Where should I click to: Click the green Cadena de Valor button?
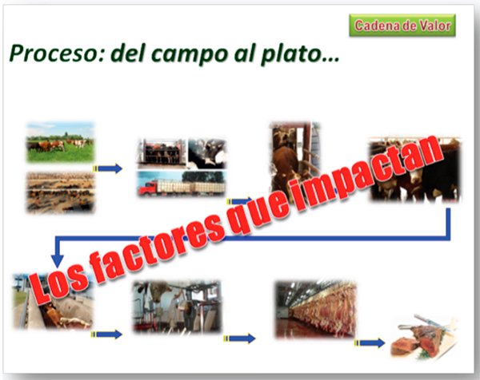click(402, 26)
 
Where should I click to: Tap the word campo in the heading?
click(189, 55)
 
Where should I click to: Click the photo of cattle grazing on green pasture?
click(60, 142)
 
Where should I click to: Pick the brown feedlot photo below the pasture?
click(60, 192)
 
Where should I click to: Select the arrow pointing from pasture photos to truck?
click(107, 168)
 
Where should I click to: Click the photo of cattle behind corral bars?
click(162, 153)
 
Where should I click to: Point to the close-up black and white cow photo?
click(206, 153)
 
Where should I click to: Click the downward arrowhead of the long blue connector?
click(58, 261)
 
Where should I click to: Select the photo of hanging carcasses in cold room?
click(316, 310)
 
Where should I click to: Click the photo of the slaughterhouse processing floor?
click(177, 307)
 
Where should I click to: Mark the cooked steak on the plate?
click(424, 339)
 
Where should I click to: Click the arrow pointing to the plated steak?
click(370, 342)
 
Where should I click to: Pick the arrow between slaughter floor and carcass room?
click(240, 338)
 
